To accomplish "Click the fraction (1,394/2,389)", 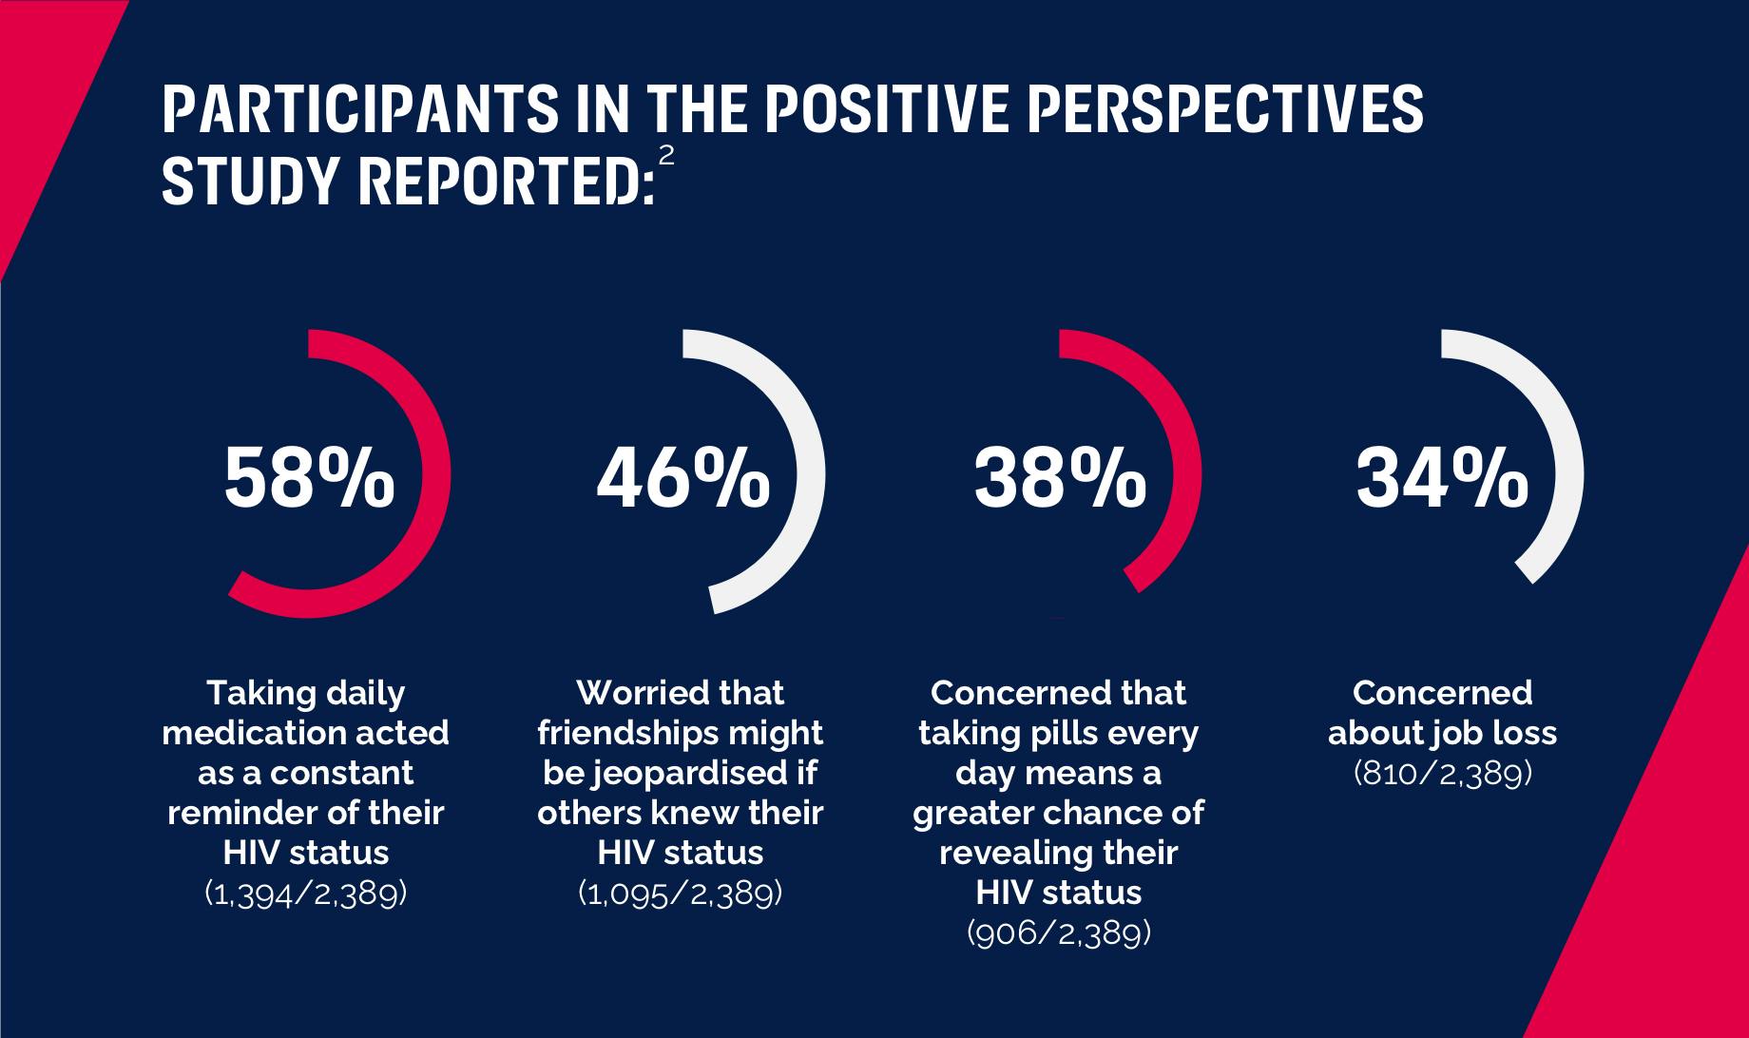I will pyautogui.click(x=306, y=894).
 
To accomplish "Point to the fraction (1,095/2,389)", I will pyautogui.click(x=681, y=894).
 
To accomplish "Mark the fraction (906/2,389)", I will pyautogui.click(x=1059, y=933).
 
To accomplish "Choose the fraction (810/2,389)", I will pyautogui.click(x=1442, y=774).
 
